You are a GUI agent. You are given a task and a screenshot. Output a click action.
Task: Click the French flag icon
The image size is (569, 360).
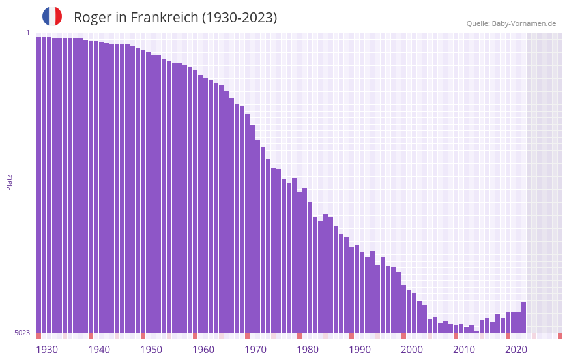[x=52, y=16]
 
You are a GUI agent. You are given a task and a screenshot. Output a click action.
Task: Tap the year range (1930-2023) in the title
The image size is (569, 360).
[x=239, y=18]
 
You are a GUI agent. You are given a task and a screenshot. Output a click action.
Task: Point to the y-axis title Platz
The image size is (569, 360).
[x=9, y=182]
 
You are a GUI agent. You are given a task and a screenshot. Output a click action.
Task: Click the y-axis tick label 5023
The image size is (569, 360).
[x=22, y=333]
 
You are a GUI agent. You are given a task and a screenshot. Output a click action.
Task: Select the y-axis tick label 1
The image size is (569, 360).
[x=28, y=33]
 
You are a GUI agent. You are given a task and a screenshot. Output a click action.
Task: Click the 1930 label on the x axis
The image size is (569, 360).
[x=47, y=350]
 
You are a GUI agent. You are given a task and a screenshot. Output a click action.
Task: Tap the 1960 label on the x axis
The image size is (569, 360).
[x=203, y=350]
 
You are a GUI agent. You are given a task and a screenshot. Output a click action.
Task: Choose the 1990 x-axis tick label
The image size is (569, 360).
[x=360, y=350]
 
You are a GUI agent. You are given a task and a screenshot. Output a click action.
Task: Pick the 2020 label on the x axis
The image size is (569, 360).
[x=516, y=350]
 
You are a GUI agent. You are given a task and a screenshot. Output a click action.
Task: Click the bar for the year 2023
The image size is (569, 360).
[x=523, y=318]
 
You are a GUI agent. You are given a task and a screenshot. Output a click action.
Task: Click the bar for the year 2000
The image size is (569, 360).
[x=403, y=309]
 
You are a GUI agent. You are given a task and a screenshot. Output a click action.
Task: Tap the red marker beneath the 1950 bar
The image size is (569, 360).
[x=143, y=336]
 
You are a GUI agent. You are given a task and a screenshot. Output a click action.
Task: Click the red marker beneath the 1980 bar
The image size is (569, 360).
[x=299, y=336]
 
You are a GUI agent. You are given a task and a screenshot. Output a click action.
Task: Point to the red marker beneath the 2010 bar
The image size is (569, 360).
[x=456, y=336]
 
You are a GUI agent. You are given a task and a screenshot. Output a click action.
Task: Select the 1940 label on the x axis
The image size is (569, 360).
[x=99, y=350]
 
